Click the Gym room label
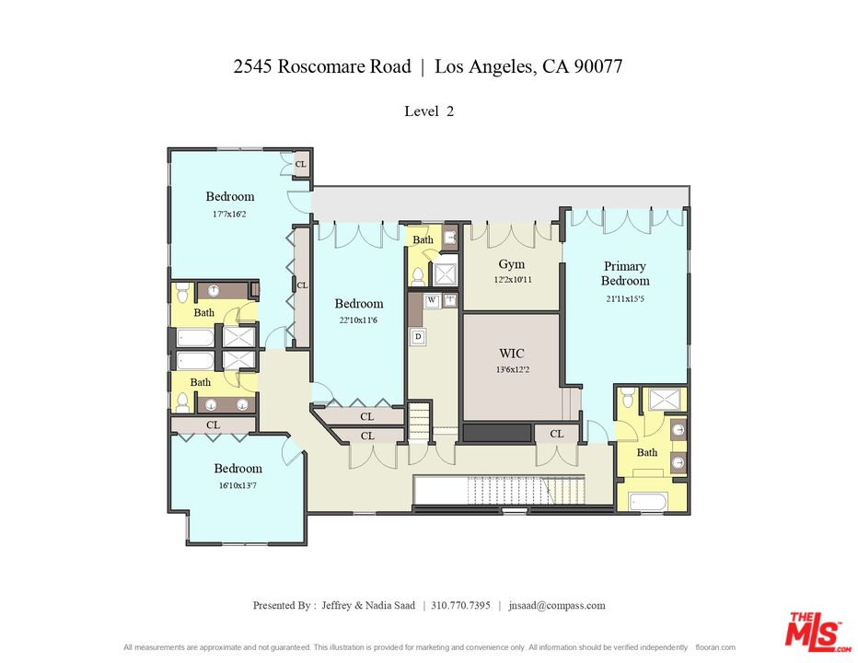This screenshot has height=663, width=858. pos(511,264)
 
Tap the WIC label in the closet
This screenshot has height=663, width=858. pos(511,353)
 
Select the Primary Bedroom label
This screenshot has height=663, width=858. pos(624,273)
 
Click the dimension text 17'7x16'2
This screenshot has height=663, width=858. pos(229,214)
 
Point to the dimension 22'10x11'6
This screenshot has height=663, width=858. pos(358,321)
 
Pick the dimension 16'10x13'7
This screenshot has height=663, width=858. pos(238,485)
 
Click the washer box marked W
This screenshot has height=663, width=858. pos(431,300)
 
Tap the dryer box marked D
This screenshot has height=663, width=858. pos(418,337)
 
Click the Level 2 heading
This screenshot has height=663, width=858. pos(429,111)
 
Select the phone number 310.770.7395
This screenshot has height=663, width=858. pos(460,605)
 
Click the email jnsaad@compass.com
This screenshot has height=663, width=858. pos(556,605)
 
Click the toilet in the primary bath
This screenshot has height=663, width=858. pos(627,398)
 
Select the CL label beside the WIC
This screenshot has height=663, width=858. pos(556,434)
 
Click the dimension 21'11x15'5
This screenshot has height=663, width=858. pos(624,298)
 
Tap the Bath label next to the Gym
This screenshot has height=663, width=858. pos(423,240)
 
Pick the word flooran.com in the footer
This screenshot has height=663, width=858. pos(715,647)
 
